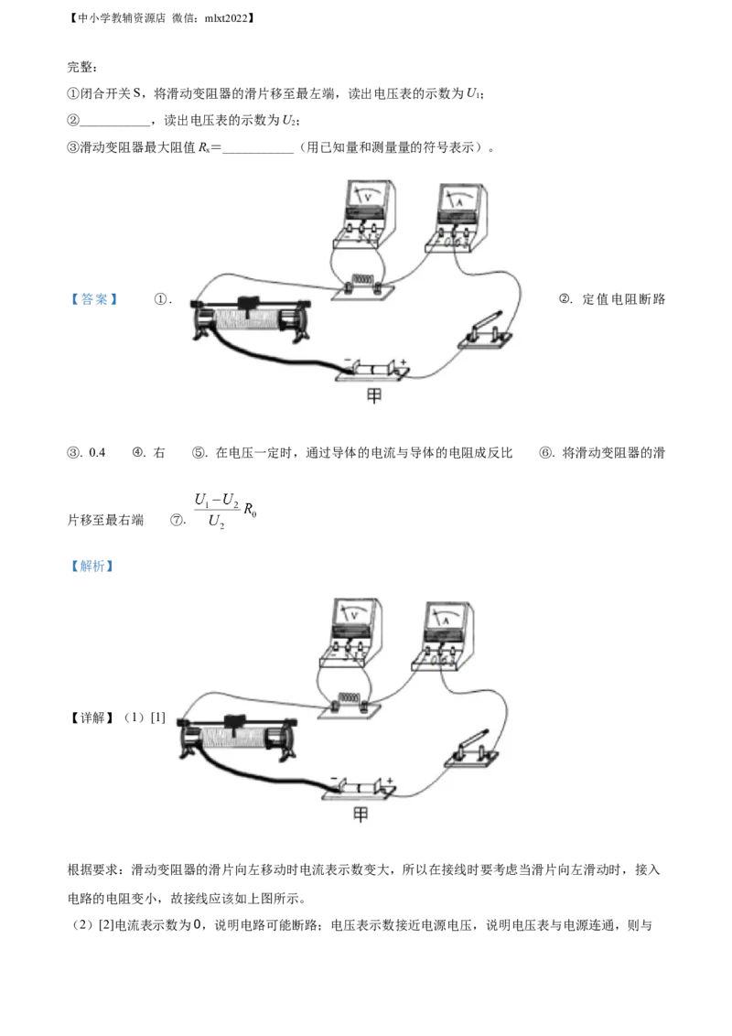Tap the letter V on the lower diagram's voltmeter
[354, 615]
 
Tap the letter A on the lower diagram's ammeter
[445, 620]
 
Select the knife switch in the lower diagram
[468, 750]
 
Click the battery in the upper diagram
[372, 370]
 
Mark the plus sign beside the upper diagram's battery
[404, 362]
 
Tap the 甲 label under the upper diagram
[373, 396]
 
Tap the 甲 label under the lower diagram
[360, 814]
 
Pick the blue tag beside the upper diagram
[91, 299]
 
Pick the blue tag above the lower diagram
[91, 567]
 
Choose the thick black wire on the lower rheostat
[265, 773]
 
